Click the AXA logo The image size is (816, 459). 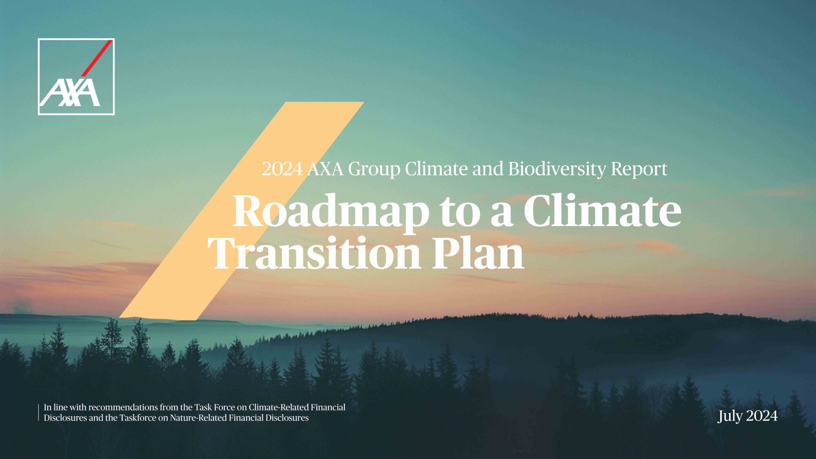(76, 77)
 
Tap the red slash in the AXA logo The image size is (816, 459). (97, 58)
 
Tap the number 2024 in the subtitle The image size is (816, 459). (282, 169)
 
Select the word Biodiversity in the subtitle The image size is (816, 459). (557, 169)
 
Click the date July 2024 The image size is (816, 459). (747, 416)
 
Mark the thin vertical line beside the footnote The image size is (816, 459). (39, 412)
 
